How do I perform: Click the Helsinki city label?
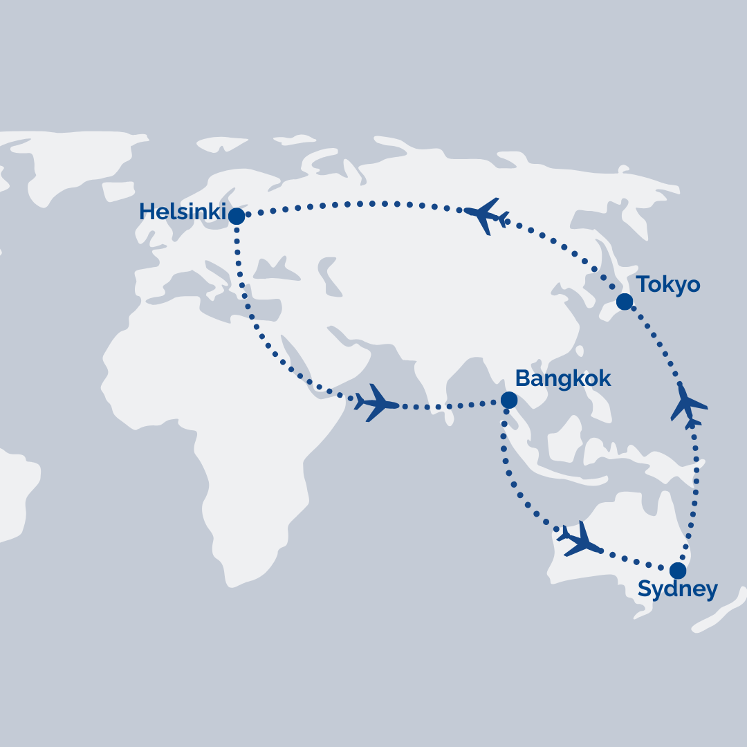point(183,212)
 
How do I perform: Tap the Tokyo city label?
point(668,284)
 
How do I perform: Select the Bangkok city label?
point(564,378)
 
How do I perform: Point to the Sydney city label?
point(677,589)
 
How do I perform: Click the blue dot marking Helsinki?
point(237,216)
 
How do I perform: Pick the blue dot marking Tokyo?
point(624,302)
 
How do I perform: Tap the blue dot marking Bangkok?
point(508,400)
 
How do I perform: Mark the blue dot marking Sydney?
point(678,571)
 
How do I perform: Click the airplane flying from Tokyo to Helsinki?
point(487,215)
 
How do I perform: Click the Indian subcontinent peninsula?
point(429,387)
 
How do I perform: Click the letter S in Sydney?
point(645,589)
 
